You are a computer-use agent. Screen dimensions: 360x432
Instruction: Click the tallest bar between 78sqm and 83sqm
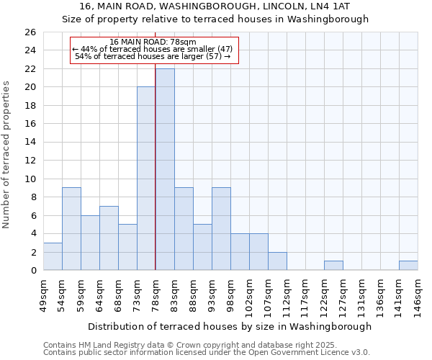pos(165,169)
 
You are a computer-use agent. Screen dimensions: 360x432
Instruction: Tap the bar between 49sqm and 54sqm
pos(53,256)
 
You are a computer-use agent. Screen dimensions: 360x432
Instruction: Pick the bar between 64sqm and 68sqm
pos(109,238)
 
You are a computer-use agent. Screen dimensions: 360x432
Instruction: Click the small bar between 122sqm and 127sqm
pos(333,266)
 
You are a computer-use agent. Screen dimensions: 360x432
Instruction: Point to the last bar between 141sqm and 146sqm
pos(408,266)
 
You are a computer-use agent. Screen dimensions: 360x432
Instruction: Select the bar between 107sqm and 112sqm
pos(277,261)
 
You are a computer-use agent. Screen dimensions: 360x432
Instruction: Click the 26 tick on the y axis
pos(30,32)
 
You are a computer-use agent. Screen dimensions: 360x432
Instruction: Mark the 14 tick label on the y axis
pos(30,142)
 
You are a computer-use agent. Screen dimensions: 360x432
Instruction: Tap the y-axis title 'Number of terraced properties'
pos(7,155)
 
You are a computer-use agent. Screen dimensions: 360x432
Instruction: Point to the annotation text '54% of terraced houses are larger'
pos(153,56)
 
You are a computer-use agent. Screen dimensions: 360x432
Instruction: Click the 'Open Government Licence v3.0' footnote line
pos(207,352)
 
